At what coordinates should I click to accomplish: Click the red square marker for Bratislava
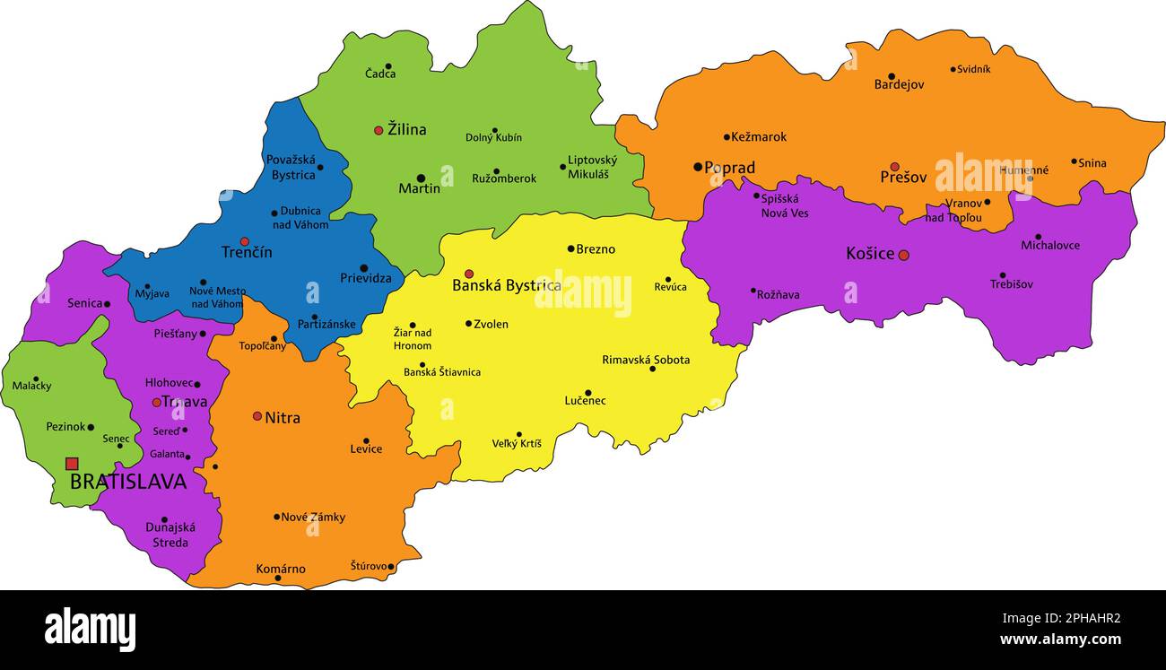(72, 464)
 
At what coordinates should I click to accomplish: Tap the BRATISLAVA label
(128, 483)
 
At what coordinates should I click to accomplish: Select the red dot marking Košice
(903, 255)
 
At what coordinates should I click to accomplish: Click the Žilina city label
(406, 130)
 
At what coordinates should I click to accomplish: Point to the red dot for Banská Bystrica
(468, 274)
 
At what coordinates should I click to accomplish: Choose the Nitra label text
(283, 418)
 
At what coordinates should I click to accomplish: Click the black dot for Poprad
(697, 167)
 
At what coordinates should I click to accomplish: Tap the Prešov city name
(903, 178)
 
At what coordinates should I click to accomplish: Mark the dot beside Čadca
(388, 66)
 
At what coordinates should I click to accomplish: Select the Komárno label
(281, 569)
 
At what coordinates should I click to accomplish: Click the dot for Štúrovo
(391, 567)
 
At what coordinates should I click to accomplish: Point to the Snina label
(1092, 163)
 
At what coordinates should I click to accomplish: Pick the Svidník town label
(973, 69)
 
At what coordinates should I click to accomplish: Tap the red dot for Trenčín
(244, 241)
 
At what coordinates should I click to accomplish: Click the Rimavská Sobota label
(646, 360)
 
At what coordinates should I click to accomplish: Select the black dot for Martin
(420, 178)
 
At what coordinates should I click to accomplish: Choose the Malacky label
(31, 386)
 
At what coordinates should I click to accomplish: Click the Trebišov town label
(1011, 284)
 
